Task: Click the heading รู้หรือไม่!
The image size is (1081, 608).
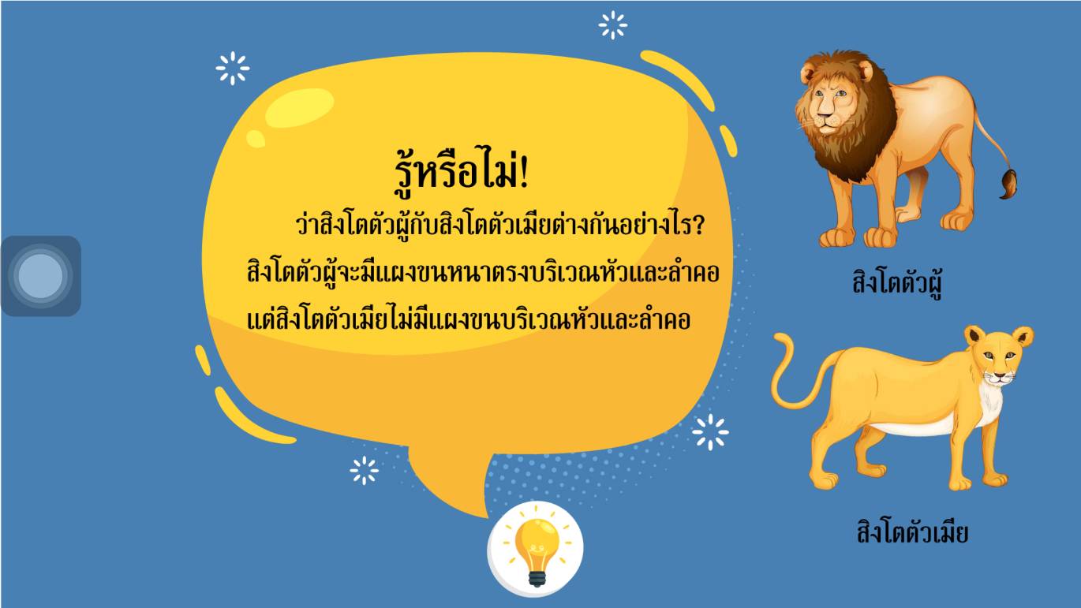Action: (x=462, y=172)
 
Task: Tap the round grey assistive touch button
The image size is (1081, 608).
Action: (x=41, y=276)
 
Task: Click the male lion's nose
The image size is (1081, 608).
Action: (x=825, y=116)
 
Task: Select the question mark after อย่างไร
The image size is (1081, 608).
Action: (x=698, y=226)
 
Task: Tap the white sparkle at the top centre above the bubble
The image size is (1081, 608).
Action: (x=613, y=25)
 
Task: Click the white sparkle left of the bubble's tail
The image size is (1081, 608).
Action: (x=364, y=470)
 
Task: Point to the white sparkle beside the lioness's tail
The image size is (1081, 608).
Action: (x=710, y=432)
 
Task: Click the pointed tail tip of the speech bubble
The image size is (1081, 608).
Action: (x=486, y=517)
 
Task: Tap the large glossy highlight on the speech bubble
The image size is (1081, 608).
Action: (x=299, y=107)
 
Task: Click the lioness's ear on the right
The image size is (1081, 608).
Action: (x=1022, y=338)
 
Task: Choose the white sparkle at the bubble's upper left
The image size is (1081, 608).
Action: (x=233, y=69)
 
